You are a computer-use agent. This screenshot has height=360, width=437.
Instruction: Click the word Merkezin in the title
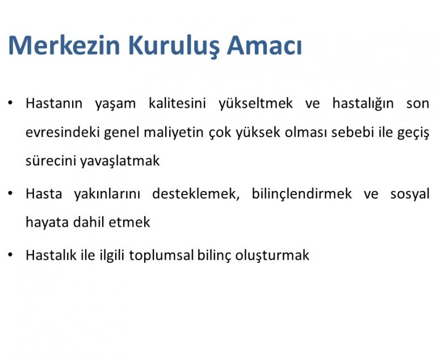click(x=64, y=45)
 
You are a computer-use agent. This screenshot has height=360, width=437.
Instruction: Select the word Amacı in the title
click(x=264, y=45)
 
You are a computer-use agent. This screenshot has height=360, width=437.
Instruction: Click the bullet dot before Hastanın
click(x=10, y=103)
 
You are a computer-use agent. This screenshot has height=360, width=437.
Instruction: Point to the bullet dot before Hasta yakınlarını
click(x=10, y=193)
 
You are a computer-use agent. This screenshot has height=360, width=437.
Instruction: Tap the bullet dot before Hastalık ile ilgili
click(x=10, y=255)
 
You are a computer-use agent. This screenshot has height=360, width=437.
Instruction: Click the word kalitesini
click(x=177, y=103)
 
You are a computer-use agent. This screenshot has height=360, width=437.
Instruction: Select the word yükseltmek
click(x=255, y=104)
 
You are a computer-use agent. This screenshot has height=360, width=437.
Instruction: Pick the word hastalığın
click(x=363, y=104)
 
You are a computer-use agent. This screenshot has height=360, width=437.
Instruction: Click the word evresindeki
click(x=62, y=132)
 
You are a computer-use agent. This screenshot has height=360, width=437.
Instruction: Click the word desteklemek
click(x=196, y=194)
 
